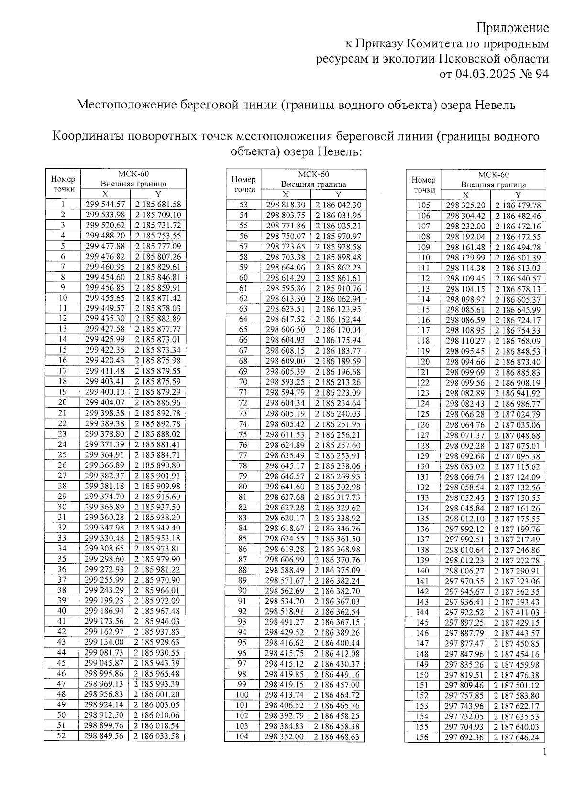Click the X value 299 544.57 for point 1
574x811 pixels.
pyautogui.click(x=105, y=205)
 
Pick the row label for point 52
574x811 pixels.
pyautogui.click(x=62, y=736)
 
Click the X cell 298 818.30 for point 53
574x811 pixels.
pyautogui.click(x=286, y=205)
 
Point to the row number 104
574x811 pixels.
pyautogui.click(x=243, y=736)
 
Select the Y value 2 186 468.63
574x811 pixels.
pyautogui.click(x=337, y=736)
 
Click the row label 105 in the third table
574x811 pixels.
pyautogui.click(x=423, y=205)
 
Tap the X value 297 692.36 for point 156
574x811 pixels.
pyautogui.click(x=465, y=737)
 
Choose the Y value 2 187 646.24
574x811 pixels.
pyautogui.click(x=517, y=737)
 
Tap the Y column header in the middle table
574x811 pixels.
pyautogui.click(x=338, y=195)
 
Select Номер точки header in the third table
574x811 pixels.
pyautogui.click(x=423, y=185)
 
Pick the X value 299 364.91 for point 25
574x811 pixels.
pyautogui.click(x=105, y=455)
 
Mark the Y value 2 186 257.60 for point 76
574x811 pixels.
pyautogui.click(x=338, y=445)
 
